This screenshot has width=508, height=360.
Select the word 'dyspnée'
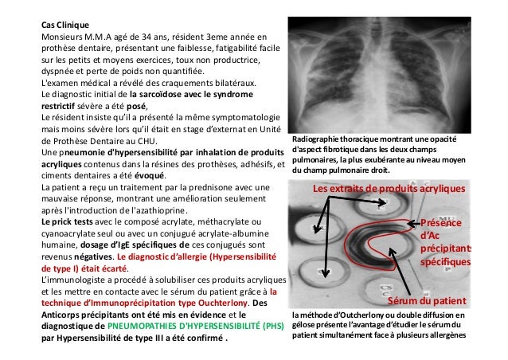[x=60, y=70]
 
